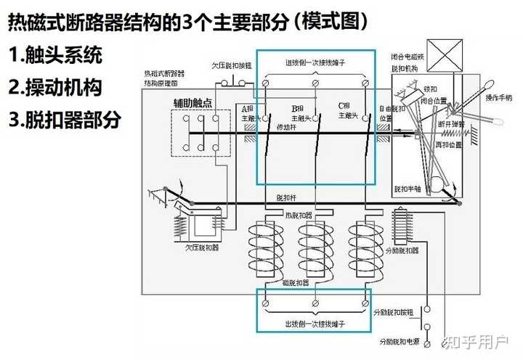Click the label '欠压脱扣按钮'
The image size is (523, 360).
point(231,65)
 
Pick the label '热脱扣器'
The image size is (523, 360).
point(300,215)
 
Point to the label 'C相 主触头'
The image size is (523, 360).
point(347,110)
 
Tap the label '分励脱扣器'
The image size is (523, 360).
point(404,251)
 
